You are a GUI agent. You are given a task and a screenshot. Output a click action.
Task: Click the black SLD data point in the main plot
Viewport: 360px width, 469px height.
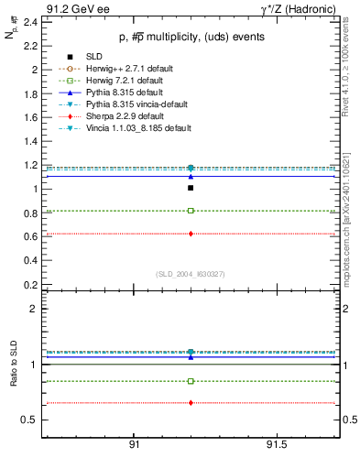[191, 188]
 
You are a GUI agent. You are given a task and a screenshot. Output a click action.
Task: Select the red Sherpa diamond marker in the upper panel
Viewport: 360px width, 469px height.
[191, 234]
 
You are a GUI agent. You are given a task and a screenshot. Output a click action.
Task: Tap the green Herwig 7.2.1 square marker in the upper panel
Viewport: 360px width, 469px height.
[191, 211]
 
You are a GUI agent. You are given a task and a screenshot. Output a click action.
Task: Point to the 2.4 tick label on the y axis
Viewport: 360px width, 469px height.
[30, 21]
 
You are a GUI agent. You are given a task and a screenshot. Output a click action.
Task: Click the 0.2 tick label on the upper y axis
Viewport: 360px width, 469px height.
[30, 284]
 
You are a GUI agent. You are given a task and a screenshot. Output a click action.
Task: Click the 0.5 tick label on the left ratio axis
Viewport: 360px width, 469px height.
[30, 420]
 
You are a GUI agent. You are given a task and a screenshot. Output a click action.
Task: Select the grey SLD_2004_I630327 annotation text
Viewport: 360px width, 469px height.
[190, 274]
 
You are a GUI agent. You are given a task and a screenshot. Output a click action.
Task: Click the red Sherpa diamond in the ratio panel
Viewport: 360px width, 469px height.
[191, 403]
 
